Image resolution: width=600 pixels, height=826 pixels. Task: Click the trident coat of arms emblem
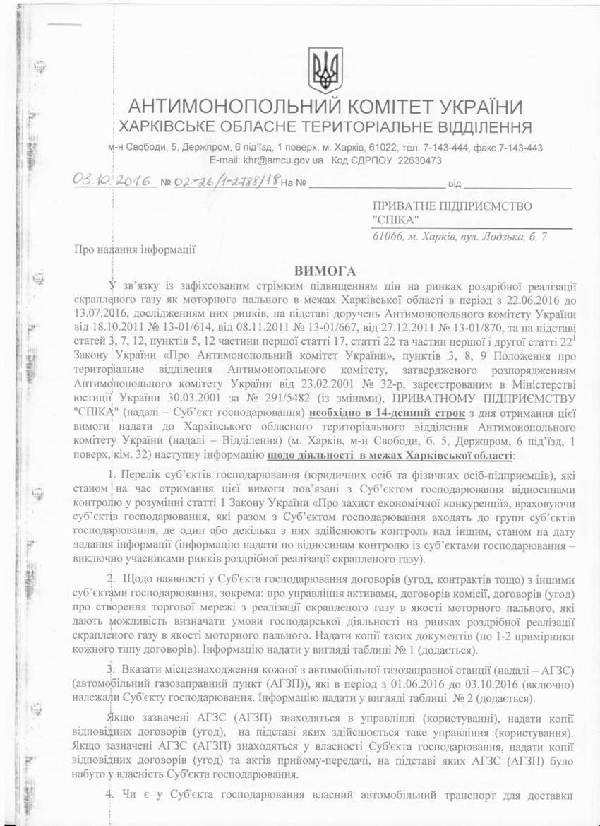click(x=325, y=69)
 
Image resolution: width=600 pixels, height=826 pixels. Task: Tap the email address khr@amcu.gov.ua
click(x=285, y=161)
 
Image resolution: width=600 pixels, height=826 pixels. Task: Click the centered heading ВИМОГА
click(x=324, y=270)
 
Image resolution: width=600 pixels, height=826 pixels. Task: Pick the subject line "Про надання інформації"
click(x=133, y=249)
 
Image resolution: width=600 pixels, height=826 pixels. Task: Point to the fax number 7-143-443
click(x=517, y=148)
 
